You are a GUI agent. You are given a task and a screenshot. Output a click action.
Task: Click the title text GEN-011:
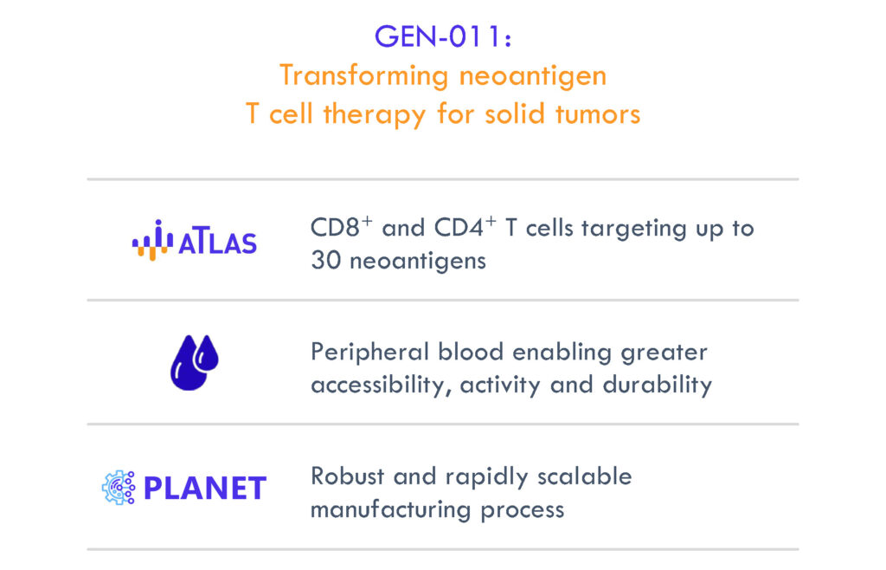[x=443, y=36]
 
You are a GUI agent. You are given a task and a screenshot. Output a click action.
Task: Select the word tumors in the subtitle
[x=598, y=113]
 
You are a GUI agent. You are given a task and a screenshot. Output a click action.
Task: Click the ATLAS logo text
[x=217, y=243]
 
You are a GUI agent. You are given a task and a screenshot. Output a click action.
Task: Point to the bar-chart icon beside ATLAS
[x=152, y=240]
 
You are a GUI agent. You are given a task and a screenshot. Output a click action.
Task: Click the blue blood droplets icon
[x=195, y=362]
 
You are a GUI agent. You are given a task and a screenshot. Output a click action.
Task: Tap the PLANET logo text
[x=205, y=489]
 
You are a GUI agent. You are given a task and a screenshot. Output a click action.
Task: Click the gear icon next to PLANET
[x=119, y=488]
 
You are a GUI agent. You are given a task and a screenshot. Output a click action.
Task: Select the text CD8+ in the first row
[x=341, y=227]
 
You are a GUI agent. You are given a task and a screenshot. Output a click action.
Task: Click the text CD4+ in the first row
[x=465, y=227]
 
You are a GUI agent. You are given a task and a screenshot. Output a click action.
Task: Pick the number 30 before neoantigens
[x=325, y=261]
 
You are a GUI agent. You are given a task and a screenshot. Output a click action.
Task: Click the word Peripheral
[x=370, y=353]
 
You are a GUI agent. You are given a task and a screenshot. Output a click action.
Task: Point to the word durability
[x=658, y=385]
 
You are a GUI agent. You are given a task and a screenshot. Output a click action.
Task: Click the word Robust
[x=348, y=476]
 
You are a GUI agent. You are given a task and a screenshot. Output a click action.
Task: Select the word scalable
[x=585, y=476]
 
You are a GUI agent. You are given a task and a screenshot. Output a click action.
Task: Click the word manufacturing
[x=390, y=510]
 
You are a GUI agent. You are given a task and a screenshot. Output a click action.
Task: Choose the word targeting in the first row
[x=633, y=229]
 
